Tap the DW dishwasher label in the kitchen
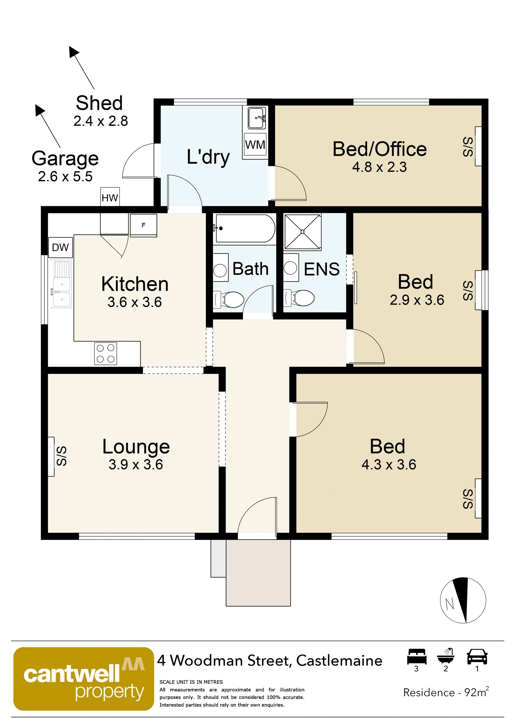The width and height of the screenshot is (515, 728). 60,247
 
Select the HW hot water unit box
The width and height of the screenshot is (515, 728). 110,197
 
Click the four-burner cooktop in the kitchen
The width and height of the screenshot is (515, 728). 106,353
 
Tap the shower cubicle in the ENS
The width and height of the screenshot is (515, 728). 303,232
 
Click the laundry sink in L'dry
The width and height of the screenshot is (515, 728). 257,118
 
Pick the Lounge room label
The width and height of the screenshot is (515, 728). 136,446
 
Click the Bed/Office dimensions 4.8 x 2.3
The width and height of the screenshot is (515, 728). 379,167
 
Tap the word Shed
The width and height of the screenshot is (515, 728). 99,103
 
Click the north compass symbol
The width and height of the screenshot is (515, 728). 463,600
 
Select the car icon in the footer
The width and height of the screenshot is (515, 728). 477,657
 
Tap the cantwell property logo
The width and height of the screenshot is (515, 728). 83,679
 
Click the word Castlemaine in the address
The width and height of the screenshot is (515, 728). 339,660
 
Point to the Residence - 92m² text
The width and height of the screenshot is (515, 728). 446,692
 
